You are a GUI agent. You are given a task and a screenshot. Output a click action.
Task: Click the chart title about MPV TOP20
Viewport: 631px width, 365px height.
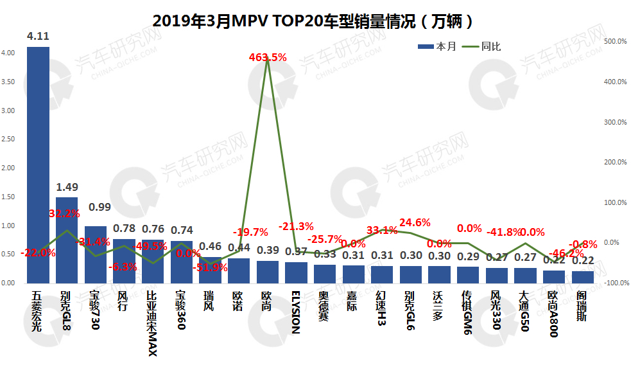point(314,21)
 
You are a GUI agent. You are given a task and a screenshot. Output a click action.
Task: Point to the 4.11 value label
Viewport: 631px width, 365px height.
point(38,37)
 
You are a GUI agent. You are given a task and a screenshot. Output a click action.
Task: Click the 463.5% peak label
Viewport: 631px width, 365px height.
point(268,57)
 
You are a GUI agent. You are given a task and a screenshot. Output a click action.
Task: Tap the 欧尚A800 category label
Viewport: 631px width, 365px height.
point(554,314)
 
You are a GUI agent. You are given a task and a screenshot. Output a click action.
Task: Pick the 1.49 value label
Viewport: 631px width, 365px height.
point(67,187)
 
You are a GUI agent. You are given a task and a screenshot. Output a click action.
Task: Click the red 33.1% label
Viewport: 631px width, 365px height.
point(382,230)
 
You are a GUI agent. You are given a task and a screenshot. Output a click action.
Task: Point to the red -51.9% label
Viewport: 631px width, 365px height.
point(210,267)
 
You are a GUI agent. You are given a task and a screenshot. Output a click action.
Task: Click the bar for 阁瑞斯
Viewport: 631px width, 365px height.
point(583,277)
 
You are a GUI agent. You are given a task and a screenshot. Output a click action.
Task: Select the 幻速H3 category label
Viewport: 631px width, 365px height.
point(382,309)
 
